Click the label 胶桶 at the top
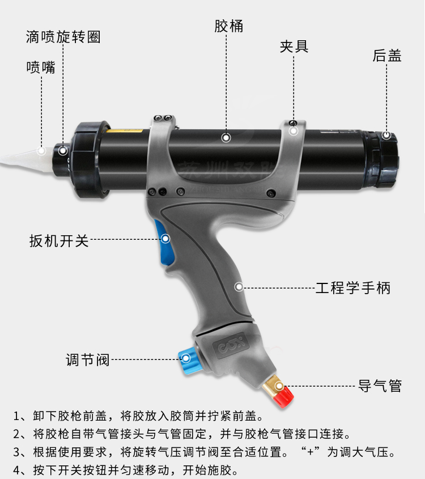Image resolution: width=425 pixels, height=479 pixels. pyautogui.click(x=229, y=26)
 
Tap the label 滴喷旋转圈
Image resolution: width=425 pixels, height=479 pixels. pyautogui.click(x=63, y=37)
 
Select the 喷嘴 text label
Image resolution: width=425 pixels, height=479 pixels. pyautogui.click(x=41, y=67)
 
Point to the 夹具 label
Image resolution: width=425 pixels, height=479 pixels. pyautogui.click(x=294, y=46)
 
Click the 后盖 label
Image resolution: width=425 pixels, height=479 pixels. pyautogui.click(x=387, y=56)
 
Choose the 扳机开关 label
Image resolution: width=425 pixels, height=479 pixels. pyautogui.click(x=59, y=241)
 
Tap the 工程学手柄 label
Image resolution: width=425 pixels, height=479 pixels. pyautogui.click(x=352, y=288)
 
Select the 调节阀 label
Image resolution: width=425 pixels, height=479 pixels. pyautogui.click(x=88, y=360)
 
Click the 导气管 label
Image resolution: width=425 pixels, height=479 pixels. pyautogui.click(x=380, y=386)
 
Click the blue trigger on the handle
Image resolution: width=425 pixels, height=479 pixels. pyautogui.click(x=164, y=242)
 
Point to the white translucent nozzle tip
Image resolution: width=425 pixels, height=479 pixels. pyautogui.click(x=24, y=159)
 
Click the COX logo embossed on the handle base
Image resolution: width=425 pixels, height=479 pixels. pyautogui.click(x=232, y=345)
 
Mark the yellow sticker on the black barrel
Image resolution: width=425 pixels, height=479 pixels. pyautogui.click(x=124, y=131)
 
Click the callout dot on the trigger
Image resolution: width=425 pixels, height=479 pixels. pyautogui.click(x=165, y=238)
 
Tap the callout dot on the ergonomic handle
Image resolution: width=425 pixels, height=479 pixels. pyautogui.click(x=239, y=287)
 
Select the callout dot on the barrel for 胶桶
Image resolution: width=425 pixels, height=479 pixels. pyautogui.click(x=226, y=138)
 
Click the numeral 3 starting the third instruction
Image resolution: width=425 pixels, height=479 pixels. pyautogui.click(x=16, y=452)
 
